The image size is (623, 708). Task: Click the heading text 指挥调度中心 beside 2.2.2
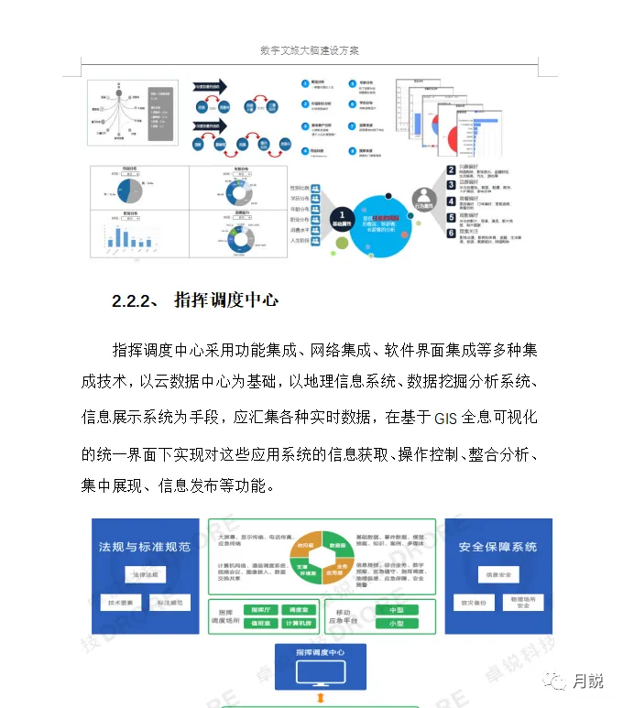225,300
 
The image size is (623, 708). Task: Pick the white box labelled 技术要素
120,604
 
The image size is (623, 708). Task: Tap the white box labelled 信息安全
498,575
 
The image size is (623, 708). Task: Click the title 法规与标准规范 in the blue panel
145,547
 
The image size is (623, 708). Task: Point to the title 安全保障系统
498,547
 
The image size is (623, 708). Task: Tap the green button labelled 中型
396,609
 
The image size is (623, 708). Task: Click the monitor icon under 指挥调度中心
321,674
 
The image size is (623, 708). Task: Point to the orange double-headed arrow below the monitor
321,701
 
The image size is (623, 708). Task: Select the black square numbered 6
451,234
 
